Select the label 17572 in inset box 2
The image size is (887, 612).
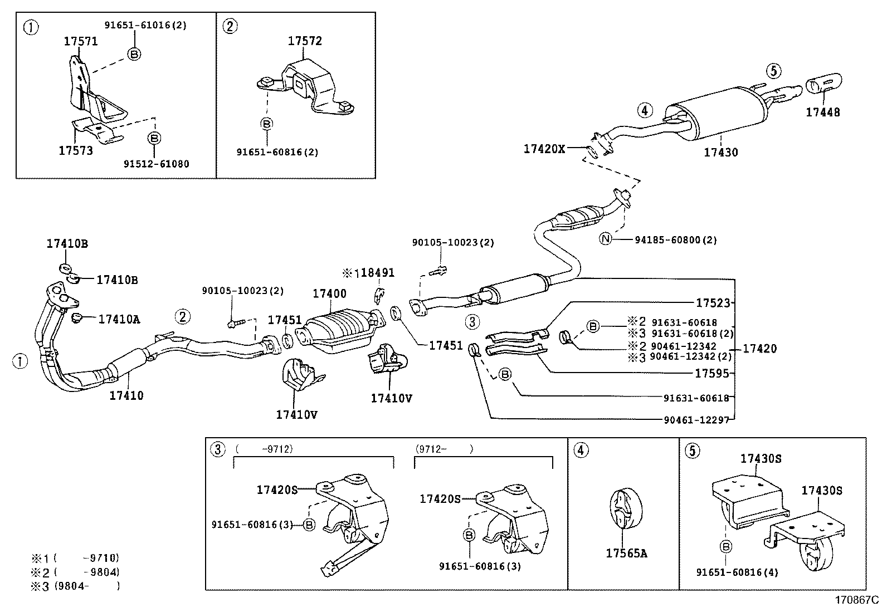tap(305, 41)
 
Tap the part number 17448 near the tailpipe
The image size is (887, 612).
tap(822, 112)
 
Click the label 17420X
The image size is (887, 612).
tap(544, 149)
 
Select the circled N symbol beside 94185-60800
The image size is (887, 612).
tap(606, 239)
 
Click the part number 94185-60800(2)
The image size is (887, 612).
tap(675, 240)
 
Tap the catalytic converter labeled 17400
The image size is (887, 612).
tap(340, 332)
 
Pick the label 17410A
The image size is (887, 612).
tap(119, 319)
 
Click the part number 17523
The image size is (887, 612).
tap(713, 303)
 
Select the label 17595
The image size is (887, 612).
tap(711, 373)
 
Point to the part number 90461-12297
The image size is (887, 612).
tap(696, 420)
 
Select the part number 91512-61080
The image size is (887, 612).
tap(156, 164)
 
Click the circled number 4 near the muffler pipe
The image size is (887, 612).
tap(644, 110)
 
